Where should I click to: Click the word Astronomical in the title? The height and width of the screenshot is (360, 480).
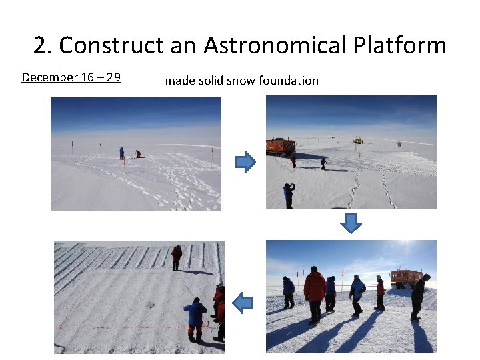pos(275,45)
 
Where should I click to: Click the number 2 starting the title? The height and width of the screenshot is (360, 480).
pos(40,45)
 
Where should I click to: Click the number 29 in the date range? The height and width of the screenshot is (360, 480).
pos(113,77)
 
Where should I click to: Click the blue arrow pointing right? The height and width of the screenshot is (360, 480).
pos(245,162)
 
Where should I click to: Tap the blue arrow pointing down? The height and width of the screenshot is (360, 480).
pos(351,224)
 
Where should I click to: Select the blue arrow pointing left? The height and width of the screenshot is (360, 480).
pos(243,303)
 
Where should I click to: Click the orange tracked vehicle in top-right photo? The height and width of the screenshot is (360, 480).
pos(281,146)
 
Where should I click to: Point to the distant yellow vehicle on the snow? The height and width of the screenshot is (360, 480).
pos(358,140)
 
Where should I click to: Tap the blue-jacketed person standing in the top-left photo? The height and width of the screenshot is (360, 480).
pos(122,153)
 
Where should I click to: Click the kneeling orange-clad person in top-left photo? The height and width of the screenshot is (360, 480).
pos(139,154)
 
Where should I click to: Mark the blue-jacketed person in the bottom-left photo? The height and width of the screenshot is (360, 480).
pos(195,317)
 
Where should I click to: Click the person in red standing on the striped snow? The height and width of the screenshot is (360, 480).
pos(177,257)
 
